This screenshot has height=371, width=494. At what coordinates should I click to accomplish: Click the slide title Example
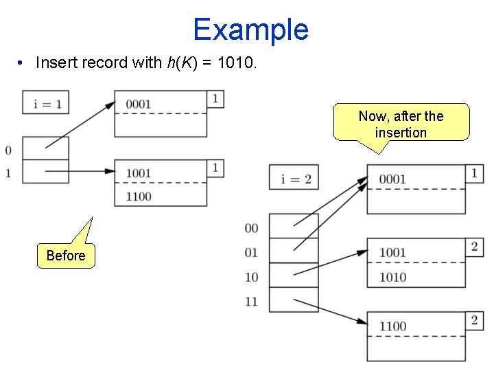[250, 30]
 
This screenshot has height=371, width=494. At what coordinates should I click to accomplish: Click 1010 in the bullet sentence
[235, 63]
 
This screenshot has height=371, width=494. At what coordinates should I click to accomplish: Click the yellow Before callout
[66, 256]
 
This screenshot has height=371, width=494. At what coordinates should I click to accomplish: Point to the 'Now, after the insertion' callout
[401, 124]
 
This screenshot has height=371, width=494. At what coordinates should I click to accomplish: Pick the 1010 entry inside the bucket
[392, 277]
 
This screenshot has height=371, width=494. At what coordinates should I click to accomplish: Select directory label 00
[251, 228]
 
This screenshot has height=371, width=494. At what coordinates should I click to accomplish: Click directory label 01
[251, 252]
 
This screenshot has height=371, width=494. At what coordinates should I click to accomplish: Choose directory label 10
[251, 277]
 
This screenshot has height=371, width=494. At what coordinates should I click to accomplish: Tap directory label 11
[251, 301]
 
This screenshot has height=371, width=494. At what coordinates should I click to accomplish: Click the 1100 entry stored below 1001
[139, 196]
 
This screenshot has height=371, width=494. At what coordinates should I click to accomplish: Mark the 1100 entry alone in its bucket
[392, 326]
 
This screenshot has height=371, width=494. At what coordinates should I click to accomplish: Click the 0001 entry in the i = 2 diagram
[392, 179]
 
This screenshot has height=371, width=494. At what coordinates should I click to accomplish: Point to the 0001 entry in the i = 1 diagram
[139, 104]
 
